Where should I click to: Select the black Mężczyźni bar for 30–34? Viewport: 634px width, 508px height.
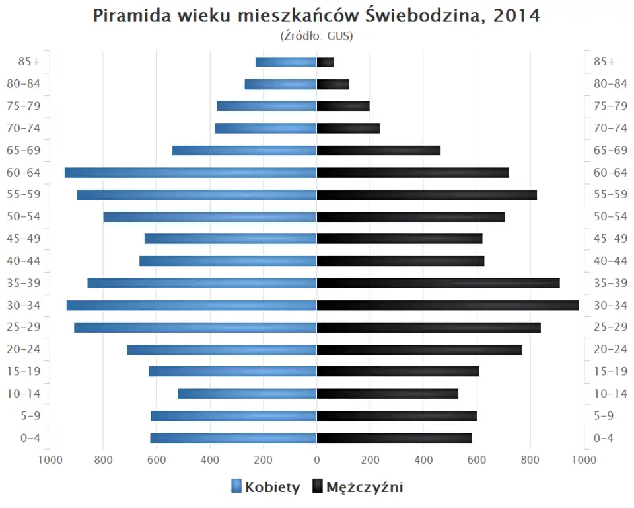coord(448,305)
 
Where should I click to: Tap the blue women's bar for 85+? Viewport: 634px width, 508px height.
coord(286,62)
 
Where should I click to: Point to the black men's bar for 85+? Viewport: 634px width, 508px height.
coord(326,62)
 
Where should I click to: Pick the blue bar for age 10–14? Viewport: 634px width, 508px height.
coord(248,394)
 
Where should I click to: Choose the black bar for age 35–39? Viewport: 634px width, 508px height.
coord(438,283)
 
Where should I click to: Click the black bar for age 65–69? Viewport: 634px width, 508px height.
coord(378,150)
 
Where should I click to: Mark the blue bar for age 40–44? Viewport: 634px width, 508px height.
coord(228,261)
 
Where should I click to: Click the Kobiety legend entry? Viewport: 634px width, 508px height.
coord(265,487)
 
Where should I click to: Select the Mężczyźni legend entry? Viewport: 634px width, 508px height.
coord(357,487)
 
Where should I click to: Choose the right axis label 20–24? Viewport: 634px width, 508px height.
coord(610,349)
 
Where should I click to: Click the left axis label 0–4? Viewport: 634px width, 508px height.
coord(30,438)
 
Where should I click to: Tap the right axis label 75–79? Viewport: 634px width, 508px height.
coord(610,106)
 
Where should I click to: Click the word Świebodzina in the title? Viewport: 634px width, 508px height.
coord(428,16)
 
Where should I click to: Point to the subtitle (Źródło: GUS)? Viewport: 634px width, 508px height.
coord(317,36)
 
